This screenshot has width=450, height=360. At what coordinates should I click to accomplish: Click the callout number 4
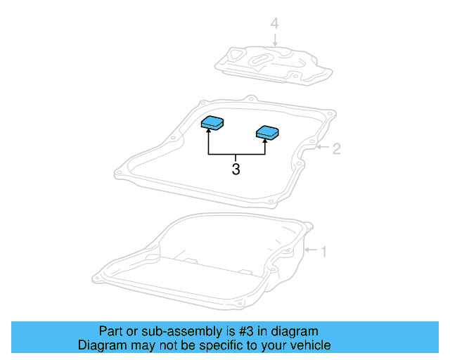pyautogui.click(x=276, y=25)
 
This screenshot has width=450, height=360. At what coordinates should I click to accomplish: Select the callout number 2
pyautogui.click(x=336, y=148)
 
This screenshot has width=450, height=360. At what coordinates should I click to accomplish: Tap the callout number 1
pyautogui.click(x=323, y=251)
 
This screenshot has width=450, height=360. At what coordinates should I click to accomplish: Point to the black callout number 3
pyautogui.click(x=236, y=169)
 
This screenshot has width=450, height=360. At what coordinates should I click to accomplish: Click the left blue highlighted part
pyautogui.click(x=213, y=123)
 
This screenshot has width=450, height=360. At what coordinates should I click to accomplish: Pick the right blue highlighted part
pyautogui.click(x=267, y=131)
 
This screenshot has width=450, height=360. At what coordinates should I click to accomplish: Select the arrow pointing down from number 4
pyautogui.click(x=276, y=40)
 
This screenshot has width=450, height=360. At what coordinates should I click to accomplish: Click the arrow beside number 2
pyautogui.click(x=321, y=148)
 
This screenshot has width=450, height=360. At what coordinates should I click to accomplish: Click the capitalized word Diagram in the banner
pyautogui.click(x=101, y=345)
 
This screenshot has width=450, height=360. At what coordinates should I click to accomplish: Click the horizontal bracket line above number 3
pyautogui.click(x=236, y=154)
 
